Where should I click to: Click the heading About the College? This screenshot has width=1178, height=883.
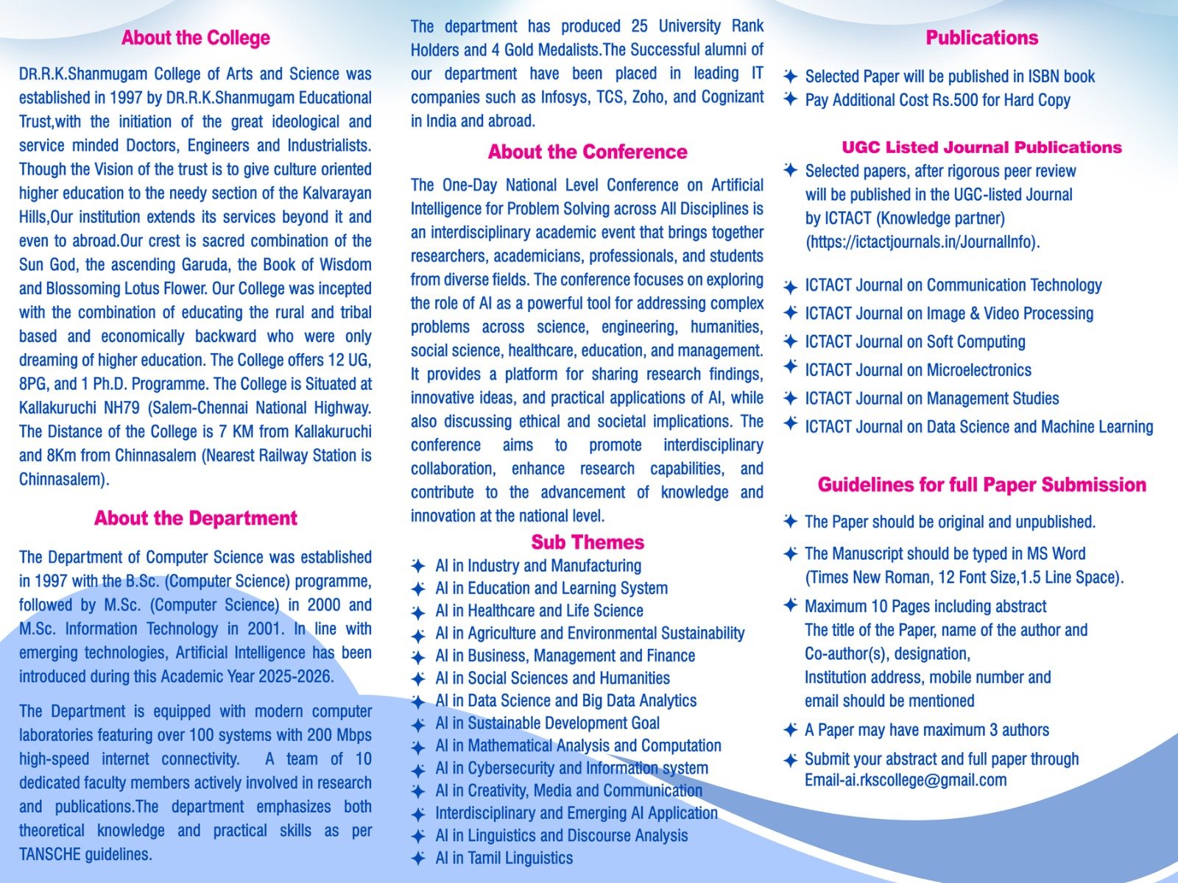(196, 38)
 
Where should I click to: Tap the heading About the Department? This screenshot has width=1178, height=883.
(196, 518)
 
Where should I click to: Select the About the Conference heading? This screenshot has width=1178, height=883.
(588, 152)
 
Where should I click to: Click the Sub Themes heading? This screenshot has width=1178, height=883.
(588, 542)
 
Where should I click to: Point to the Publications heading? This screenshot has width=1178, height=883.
(981, 38)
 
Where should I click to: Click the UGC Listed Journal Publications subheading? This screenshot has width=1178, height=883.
(981, 147)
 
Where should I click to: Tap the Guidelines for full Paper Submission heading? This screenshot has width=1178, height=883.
(981, 485)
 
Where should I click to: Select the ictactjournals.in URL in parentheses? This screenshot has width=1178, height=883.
(923, 242)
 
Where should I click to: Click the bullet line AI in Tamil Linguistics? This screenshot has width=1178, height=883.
(504, 858)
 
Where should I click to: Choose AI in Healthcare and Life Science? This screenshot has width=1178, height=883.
(539, 611)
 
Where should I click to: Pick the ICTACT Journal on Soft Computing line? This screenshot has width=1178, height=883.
(914, 342)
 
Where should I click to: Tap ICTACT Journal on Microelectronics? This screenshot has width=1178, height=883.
(917, 370)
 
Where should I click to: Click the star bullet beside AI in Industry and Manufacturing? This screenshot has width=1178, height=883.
(418, 566)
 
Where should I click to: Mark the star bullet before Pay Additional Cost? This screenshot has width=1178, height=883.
(790, 99)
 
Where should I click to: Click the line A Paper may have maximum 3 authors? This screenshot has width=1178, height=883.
(926, 730)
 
